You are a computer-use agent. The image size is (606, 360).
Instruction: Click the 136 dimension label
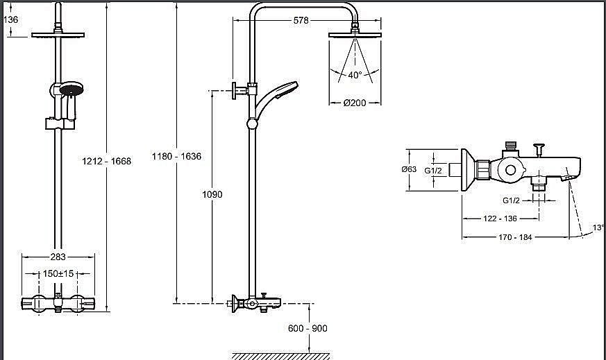[11, 19]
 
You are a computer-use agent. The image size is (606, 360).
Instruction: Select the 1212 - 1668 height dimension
[107, 161]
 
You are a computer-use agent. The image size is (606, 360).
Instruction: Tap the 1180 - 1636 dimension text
[176, 156]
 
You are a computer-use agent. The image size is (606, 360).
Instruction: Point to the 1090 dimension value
[212, 194]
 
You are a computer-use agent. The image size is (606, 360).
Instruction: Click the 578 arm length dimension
[301, 20]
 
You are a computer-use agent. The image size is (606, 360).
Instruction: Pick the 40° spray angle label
[355, 75]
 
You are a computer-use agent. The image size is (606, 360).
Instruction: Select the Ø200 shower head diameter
[355, 103]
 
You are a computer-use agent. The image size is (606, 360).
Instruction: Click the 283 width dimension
[58, 257]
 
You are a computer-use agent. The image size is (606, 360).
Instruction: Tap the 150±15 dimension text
[58, 273]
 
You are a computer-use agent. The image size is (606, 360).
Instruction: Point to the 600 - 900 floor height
[308, 328]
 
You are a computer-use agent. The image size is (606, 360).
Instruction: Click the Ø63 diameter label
[409, 169]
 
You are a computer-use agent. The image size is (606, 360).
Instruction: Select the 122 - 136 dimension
[500, 218]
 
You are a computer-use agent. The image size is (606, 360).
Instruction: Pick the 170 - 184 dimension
[515, 237]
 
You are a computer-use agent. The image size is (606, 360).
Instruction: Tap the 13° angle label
[598, 228]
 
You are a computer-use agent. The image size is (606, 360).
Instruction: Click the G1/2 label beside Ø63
[433, 171]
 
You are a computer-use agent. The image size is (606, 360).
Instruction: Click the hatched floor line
[281, 356]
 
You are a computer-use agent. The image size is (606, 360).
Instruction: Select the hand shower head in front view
[71, 89]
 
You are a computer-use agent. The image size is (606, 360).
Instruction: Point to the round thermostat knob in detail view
[510, 170]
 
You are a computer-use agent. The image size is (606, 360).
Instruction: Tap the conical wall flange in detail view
[468, 170]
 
